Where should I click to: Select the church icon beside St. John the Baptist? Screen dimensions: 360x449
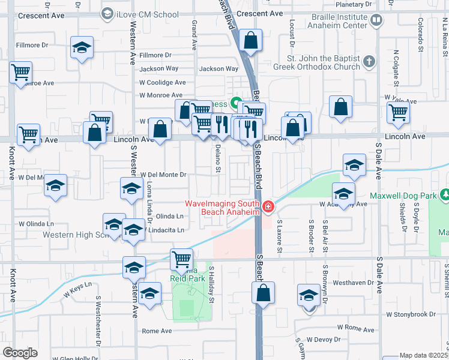369,61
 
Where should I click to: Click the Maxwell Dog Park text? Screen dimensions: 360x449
402,195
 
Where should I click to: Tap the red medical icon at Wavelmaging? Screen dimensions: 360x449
268,208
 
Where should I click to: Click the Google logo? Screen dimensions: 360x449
20,352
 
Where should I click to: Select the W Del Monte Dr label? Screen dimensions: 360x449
164,175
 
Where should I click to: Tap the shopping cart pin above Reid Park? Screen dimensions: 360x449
181,259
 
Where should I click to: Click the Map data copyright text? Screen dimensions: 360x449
424,355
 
